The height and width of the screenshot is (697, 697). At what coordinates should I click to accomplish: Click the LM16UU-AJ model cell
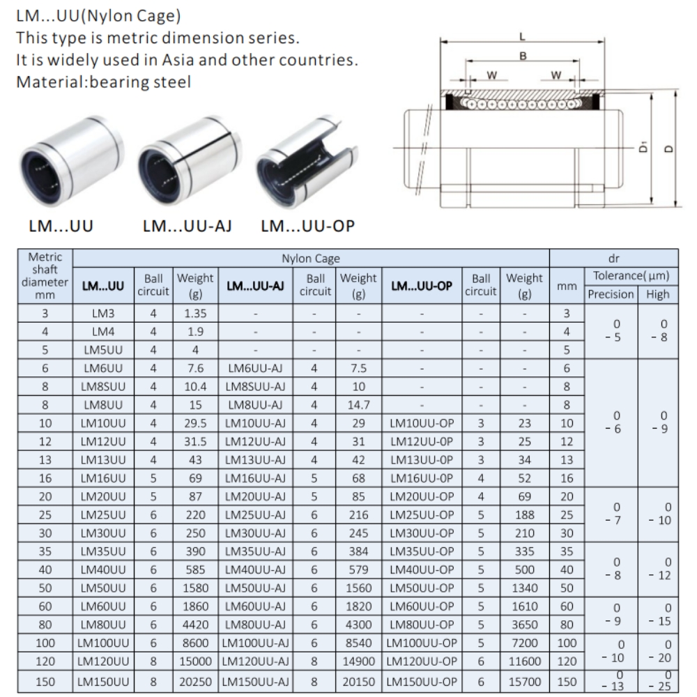coord(255,477)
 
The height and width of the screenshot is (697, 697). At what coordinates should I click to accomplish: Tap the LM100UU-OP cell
coord(422,643)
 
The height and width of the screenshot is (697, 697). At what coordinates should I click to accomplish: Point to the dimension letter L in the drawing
coord(523,37)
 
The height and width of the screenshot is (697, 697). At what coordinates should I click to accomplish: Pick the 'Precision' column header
coord(611,294)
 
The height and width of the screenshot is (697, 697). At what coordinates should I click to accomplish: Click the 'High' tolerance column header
coord(657,294)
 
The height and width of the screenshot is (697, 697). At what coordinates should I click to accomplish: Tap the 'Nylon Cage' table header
coord(311,259)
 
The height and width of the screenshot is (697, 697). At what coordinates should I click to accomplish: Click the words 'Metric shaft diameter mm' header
coord(45,276)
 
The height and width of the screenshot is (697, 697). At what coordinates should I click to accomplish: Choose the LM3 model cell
coord(103,314)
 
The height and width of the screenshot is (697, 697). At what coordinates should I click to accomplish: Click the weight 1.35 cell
coord(195,314)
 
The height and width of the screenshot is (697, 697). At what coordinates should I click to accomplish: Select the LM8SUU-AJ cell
coord(255,386)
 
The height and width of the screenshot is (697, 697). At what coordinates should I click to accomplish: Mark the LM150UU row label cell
coord(103,681)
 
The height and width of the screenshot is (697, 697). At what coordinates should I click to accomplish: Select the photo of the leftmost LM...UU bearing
coord(70,165)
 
